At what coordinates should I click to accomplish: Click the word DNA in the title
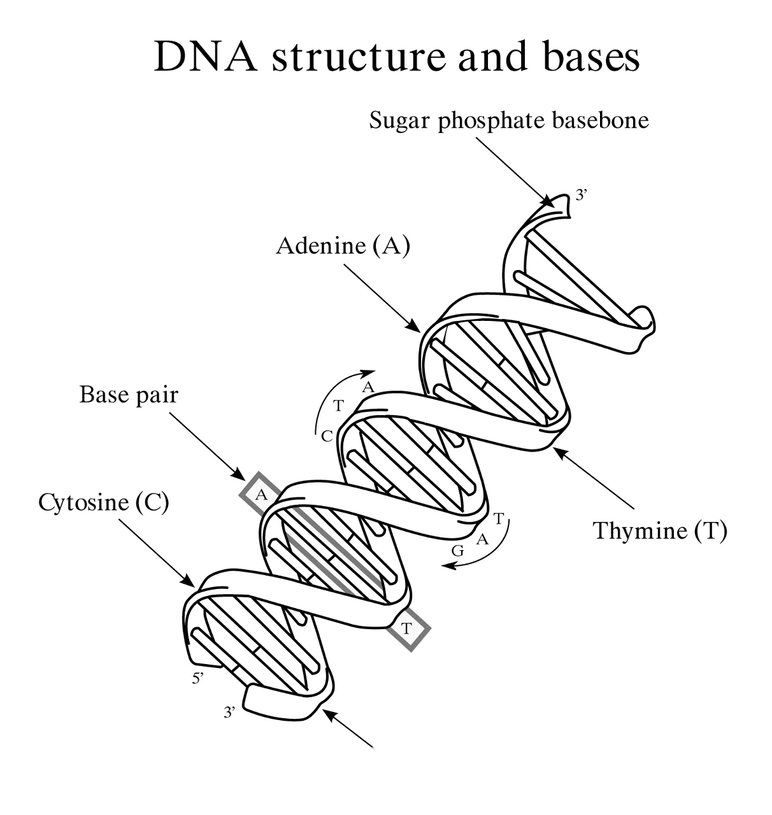coord(206,57)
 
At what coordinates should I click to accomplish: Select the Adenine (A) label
coord(343,245)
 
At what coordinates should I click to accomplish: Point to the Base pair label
coord(129,395)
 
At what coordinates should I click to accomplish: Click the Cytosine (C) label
coord(104,502)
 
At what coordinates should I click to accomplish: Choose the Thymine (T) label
coord(660,530)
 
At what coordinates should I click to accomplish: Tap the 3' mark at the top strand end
coord(581,195)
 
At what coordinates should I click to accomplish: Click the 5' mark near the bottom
coord(198,679)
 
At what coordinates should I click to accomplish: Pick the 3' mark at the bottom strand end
coord(229,712)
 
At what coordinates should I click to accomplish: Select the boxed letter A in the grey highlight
coord(261,495)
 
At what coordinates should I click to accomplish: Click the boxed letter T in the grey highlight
coord(406,629)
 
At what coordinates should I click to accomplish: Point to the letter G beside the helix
coord(457,551)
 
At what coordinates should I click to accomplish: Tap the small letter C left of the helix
coord(327,436)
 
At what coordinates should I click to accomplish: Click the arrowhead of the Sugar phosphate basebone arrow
coord(549,201)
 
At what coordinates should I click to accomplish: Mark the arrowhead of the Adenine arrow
coord(414,326)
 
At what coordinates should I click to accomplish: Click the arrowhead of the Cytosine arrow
coord(188,581)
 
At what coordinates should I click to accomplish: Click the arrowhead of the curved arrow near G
coord(448,566)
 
